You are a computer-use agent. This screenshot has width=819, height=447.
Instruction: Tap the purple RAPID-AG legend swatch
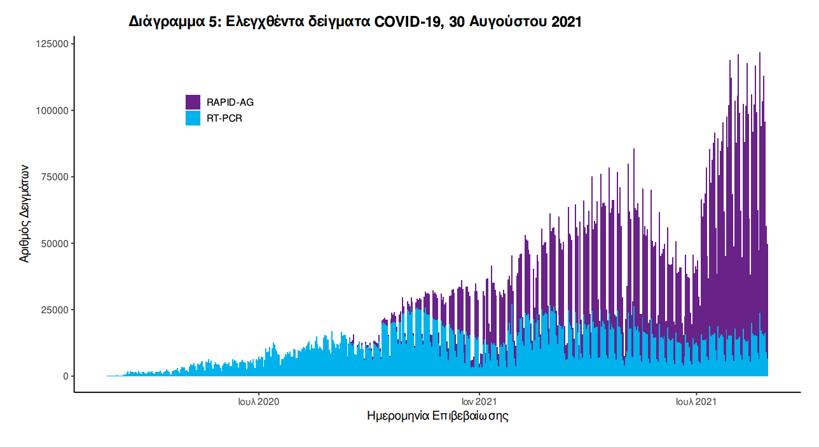(193, 102)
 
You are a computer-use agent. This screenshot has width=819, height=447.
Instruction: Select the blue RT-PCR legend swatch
(193, 118)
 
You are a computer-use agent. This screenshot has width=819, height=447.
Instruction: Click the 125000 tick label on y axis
(51, 44)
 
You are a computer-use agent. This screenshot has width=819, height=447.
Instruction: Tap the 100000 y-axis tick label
(51, 111)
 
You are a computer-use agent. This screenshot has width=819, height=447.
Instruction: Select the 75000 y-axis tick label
(53, 177)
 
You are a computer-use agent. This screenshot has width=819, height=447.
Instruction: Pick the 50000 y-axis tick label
(53, 243)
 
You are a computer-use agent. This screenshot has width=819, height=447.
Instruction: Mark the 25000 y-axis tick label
(53, 310)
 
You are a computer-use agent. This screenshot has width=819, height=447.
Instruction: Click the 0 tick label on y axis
(65, 376)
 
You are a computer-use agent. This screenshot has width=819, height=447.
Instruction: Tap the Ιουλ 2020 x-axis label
(259, 402)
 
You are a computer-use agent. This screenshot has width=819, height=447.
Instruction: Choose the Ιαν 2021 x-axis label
(478, 402)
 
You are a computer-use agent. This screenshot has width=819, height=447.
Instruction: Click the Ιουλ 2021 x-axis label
(696, 402)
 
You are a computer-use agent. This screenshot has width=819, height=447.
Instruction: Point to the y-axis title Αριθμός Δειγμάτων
(24, 213)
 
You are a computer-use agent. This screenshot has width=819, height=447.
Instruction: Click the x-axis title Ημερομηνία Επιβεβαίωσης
(437, 416)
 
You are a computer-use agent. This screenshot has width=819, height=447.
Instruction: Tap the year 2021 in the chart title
(567, 22)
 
